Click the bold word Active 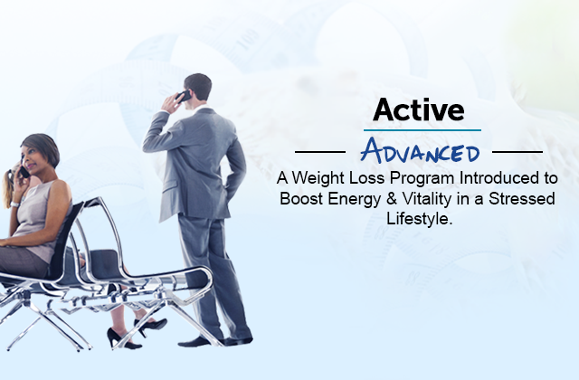pyautogui.click(x=418, y=109)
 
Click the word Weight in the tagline pyautogui.click(x=318, y=179)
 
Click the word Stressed pyautogui.click(x=522, y=198)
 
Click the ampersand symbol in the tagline pyautogui.click(x=391, y=199)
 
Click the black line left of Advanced pyautogui.click(x=320, y=151)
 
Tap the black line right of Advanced pyautogui.click(x=517, y=151)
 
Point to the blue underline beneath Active pyautogui.click(x=422, y=130)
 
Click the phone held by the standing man pyautogui.click(x=184, y=96)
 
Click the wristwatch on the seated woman pyautogui.click(x=14, y=204)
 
